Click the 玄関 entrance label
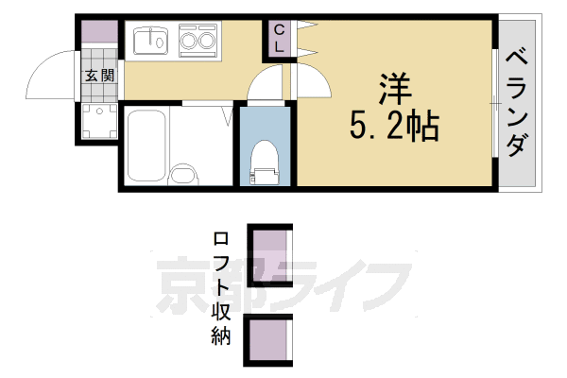[x=99, y=77]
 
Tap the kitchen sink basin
[x=149, y=43]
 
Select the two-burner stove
[x=197, y=42]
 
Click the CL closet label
[x=280, y=40]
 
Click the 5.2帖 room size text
[x=394, y=127]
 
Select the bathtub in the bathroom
[x=146, y=146]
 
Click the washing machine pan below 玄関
[x=96, y=120]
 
